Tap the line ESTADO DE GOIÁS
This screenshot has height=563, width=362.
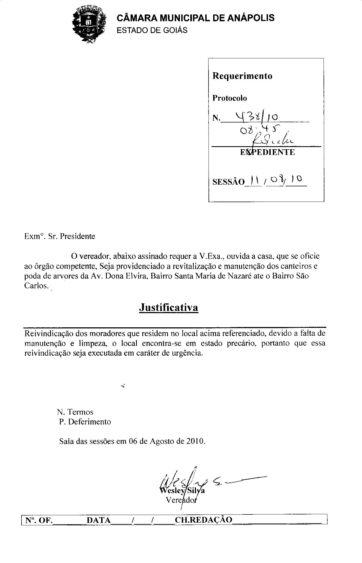pyautogui.click(x=152, y=30)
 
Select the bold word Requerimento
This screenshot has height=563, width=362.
pyautogui.click(x=242, y=76)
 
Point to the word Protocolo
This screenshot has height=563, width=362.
pyautogui.click(x=230, y=98)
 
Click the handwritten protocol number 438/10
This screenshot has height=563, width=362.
pyautogui.click(x=257, y=116)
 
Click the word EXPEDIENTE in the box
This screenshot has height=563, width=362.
pyautogui.click(x=267, y=152)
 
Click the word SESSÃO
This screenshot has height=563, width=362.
pyautogui.click(x=228, y=182)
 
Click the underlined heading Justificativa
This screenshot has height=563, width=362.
pyautogui.click(x=168, y=307)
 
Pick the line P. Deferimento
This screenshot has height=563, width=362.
pyautogui.click(x=85, y=422)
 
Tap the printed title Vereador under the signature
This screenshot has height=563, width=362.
pyautogui.click(x=181, y=500)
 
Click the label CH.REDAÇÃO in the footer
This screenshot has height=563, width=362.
pyautogui.click(x=203, y=520)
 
